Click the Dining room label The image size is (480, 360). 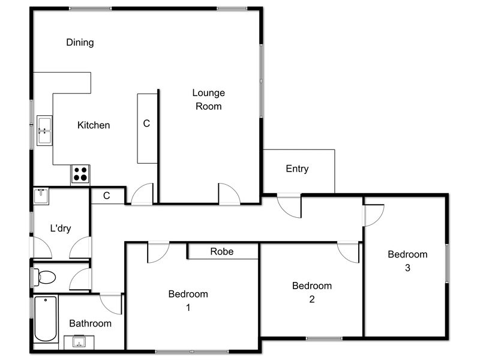[80, 43]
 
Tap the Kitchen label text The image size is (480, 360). [94, 125]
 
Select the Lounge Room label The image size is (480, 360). [208, 100]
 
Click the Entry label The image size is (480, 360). [297, 169]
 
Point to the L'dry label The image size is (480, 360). [61, 228]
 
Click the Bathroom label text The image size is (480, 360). [90, 323]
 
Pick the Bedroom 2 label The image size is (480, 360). [311, 293]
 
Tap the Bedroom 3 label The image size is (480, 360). [407, 261]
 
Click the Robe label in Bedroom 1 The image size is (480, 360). [221, 251]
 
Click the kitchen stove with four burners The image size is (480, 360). [80, 174]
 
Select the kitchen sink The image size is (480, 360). [44, 130]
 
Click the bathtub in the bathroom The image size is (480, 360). [46, 319]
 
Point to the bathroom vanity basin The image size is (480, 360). [79, 342]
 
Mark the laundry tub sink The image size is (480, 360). [41, 196]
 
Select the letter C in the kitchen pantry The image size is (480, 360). [146, 124]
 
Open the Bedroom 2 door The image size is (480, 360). [349, 251]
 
